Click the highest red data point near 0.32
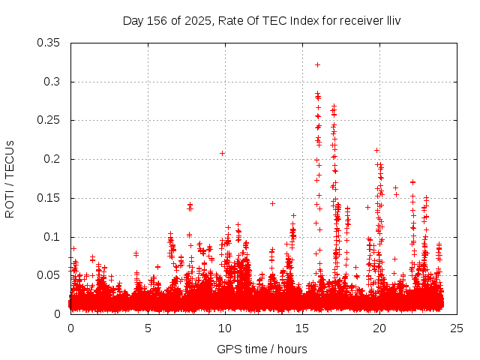(318, 64)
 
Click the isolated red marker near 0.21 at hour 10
(222, 153)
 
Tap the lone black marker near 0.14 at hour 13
(272, 203)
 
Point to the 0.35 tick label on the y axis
(50, 43)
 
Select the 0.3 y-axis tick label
(53, 82)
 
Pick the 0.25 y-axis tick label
(50, 120)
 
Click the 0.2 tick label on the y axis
(53, 159)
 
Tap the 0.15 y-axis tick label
(50, 198)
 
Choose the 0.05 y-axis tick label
(50, 275)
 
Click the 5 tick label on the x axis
(148, 328)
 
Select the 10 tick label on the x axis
(225, 328)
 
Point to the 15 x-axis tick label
(302, 328)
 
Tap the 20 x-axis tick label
(379, 328)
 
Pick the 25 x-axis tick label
(457, 328)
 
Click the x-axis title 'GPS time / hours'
(262, 349)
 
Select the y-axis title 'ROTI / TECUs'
(10, 178)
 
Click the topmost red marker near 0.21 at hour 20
(376, 150)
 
